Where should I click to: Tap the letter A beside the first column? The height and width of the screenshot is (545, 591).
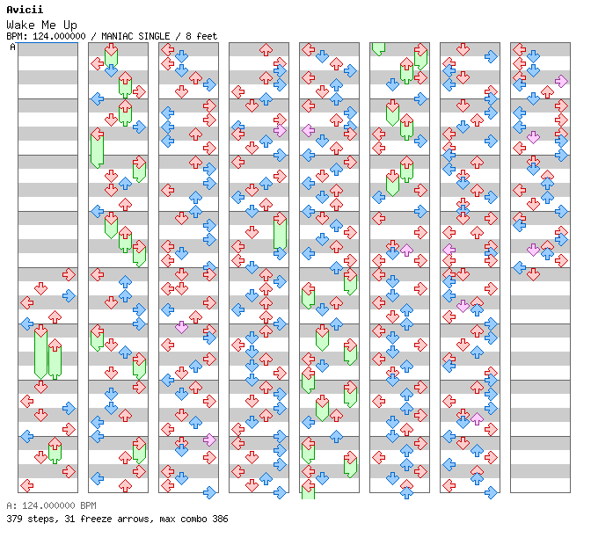(12, 47)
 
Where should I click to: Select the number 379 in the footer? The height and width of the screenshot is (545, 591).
(14, 519)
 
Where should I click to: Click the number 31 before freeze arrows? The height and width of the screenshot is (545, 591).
(65, 519)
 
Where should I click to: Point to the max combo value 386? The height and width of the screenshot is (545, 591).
(219, 519)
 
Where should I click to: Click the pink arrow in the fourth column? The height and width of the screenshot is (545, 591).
(280, 130)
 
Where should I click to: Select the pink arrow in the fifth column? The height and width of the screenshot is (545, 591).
(309, 130)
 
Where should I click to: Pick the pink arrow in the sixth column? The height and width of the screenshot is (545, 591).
(406, 250)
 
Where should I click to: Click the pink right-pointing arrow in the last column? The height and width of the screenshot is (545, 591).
(561, 81)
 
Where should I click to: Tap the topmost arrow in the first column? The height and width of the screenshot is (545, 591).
(69, 275)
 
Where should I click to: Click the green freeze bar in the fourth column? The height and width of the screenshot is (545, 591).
(280, 233)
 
